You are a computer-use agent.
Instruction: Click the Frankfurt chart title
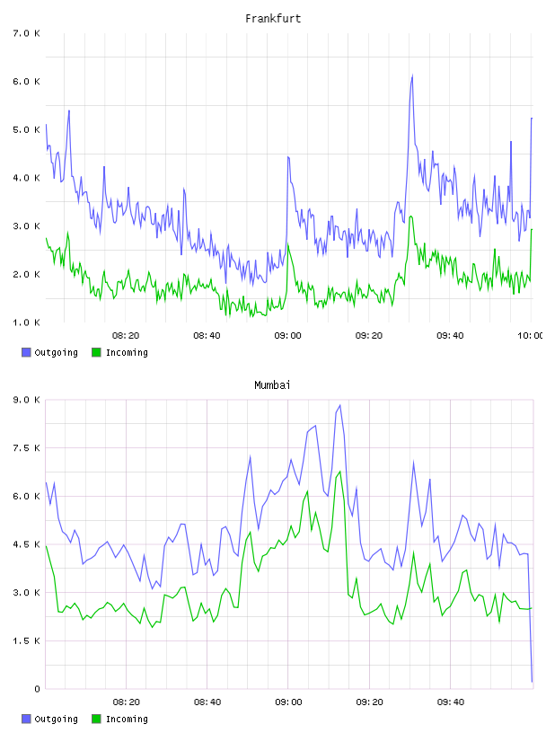(273, 19)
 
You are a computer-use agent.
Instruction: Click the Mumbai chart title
(272, 385)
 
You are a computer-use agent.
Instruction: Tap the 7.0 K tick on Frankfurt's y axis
(26, 33)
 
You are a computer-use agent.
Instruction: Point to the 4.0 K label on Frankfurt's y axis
(26, 178)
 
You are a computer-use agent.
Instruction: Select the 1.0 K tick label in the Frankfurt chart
(26, 322)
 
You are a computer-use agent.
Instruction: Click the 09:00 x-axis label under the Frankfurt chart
(288, 335)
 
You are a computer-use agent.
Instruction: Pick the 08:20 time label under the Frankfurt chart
(126, 335)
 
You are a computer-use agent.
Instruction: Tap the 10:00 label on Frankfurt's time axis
(531, 335)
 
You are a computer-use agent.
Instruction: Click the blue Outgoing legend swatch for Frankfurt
(26, 352)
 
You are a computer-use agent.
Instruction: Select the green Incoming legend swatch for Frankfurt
(96, 352)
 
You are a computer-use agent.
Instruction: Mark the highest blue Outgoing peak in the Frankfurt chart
(412, 75)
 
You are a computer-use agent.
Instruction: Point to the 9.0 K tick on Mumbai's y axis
(26, 400)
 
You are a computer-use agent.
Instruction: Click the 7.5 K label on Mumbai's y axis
(26, 448)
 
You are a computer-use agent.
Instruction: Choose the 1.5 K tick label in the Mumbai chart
(26, 640)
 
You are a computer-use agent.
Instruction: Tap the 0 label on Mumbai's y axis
(37, 689)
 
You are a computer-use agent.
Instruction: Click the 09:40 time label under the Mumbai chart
(451, 702)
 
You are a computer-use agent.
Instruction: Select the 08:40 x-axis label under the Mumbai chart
(207, 702)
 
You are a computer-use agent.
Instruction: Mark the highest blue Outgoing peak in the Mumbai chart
(339, 405)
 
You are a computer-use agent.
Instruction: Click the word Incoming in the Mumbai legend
(128, 719)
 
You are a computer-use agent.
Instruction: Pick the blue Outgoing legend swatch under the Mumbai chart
(26, 719)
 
